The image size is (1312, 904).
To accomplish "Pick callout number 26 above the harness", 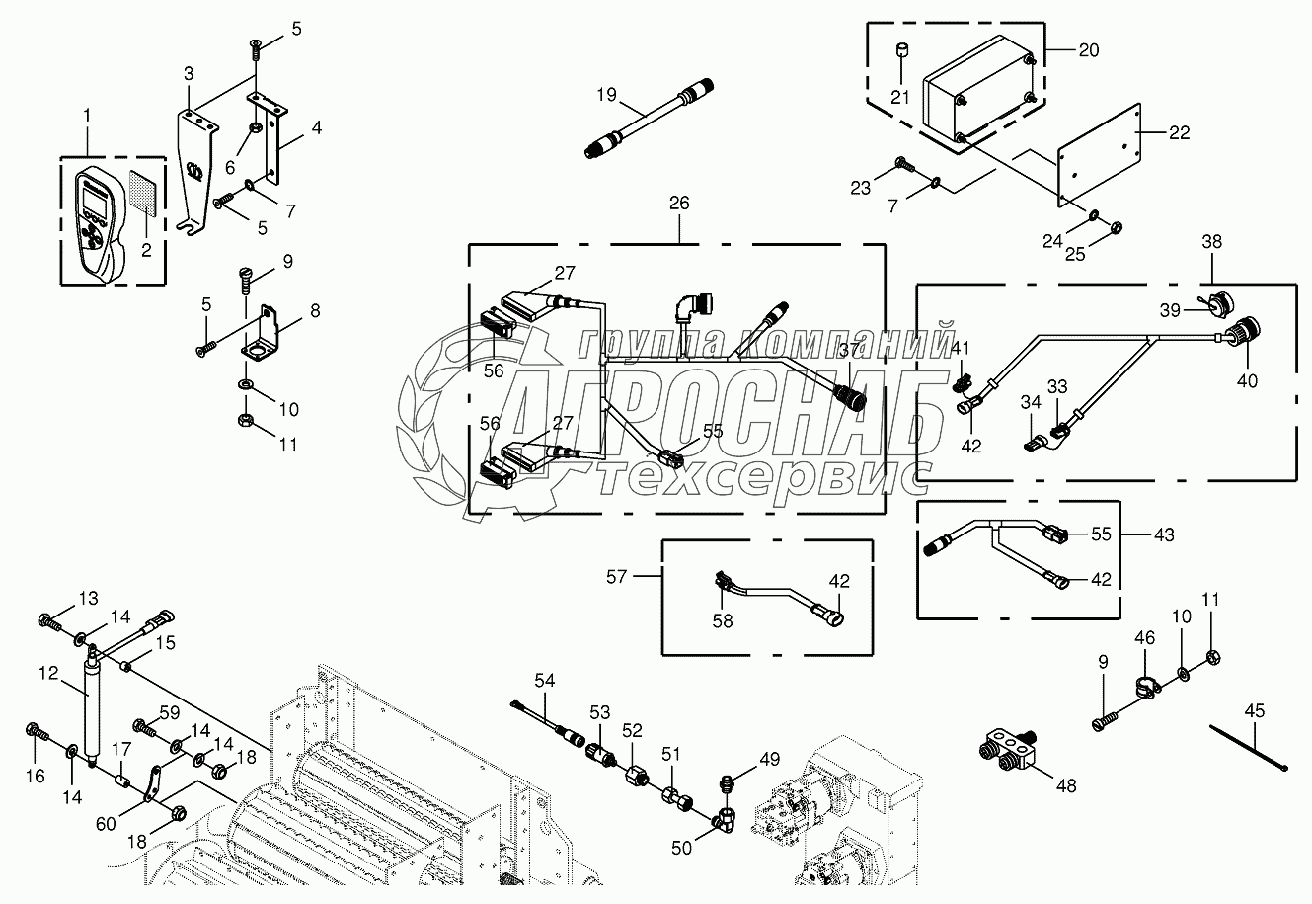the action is click(x=680, y=204).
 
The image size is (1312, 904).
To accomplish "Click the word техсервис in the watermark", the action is click(x=765, y=473).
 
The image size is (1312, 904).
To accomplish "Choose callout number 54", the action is click(x=546, y=680).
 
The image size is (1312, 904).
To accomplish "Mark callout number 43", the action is click(x=1164, y=534).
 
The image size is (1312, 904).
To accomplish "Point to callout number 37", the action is click(x=849, y=350).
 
